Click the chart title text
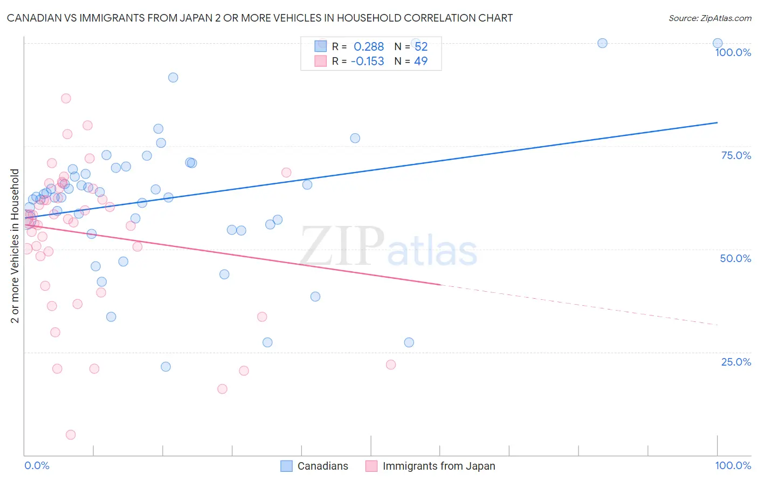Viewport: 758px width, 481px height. click(259, 18)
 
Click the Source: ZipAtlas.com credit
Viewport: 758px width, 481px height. click(709, 18)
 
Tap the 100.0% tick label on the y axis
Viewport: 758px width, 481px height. click(733, 52)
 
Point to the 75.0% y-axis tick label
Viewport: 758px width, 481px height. click(736, 155)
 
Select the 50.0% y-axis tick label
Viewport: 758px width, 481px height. click(735, 258)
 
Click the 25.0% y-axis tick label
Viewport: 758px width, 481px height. click(736, 362)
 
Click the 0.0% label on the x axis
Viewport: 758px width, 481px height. click(37, 465)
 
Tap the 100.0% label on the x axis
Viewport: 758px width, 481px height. click(733, 465)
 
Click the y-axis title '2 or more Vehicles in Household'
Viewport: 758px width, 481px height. click(15, 246)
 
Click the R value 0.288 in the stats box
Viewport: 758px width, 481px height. click(369, 47)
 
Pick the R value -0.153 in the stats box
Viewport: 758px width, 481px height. click(367, 61)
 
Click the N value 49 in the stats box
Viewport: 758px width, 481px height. click(421, 61)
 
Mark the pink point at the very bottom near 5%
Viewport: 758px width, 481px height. click(71, 435)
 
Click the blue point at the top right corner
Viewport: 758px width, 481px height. click(718, 43)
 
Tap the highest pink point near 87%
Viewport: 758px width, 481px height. click(66, 98)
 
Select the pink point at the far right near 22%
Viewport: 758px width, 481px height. click(391, 365)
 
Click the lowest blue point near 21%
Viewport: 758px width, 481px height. click(166, 367)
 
